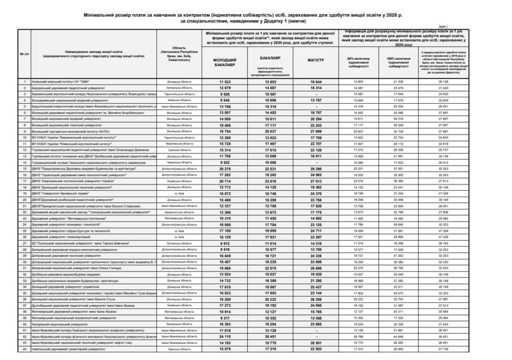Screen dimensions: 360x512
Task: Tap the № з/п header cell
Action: (x=24, y=53)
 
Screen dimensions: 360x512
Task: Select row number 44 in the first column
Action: (x=24, y=349)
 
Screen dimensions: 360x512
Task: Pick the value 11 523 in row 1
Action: (x=225, y=82)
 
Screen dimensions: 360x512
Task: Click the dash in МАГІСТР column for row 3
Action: (x=316, y=94)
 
